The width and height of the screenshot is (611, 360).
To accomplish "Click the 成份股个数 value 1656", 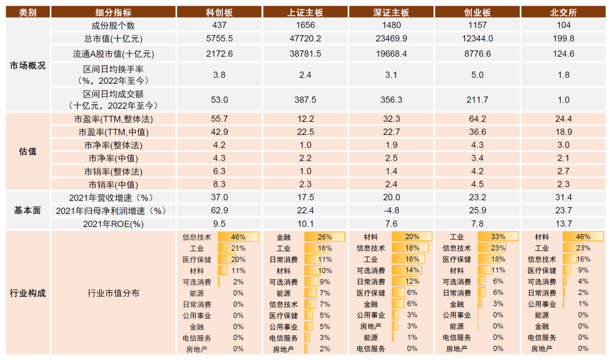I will pyautogui.click(x=305, y=25).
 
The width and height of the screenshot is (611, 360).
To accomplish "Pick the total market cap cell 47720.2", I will pyautogui.click(x=305, y=38).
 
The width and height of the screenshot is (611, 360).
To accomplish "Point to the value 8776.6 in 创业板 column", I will pyautogui.click(x=477, y=54).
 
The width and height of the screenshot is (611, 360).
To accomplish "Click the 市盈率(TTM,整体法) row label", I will pyautogui.click(x=113, y=119).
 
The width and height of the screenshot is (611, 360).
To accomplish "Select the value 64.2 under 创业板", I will pyautogui.click(x=477, y=119).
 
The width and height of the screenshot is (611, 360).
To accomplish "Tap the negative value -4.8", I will pyautogui.click(x=391, y=211).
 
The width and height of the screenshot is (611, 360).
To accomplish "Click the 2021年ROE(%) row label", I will pyautogui.click(x=113, y=224).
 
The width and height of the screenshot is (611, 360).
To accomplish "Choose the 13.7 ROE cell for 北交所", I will pyautogui.click(x=563, y=224).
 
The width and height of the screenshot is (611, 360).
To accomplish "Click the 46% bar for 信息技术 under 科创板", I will pyautogui.click(x=238, y=237).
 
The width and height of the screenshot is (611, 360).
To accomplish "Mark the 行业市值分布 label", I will pyautogui.click(x=113, y=293).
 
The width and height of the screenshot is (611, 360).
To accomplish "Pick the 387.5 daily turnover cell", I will pyautogui.click(x=305, y=100).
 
